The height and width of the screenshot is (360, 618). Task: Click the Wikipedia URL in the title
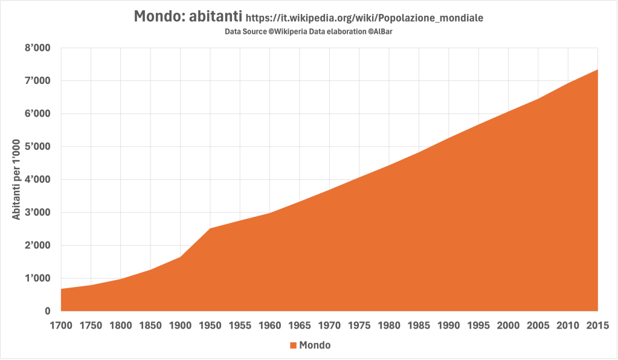tap(365, 19)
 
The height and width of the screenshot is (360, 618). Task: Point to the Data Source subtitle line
tap(309, 31)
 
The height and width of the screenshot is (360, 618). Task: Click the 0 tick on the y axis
tap(47, 311)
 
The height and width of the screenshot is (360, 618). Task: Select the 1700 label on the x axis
tap(61, 325)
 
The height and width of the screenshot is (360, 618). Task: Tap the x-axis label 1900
tap(180, 325)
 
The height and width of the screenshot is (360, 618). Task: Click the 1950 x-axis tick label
tap(210, 325)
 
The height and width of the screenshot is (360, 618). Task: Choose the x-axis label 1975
tap(359, 325)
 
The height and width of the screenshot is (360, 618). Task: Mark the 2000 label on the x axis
tap(509, 325)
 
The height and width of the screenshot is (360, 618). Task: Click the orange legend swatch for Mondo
tap(293, 346)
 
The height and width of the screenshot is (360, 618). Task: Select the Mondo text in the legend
tap(315, 346)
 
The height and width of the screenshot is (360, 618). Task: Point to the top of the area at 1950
tap(210, 228)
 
